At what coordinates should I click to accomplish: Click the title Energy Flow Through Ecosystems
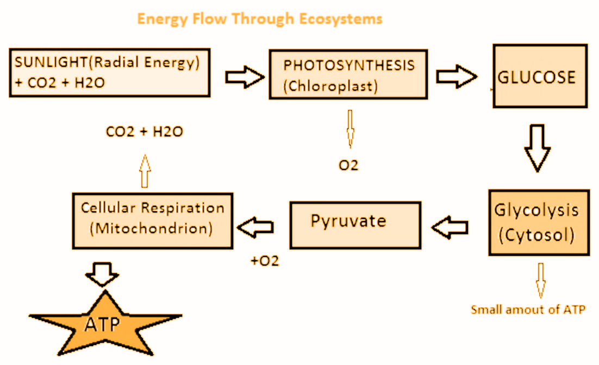[259, 19]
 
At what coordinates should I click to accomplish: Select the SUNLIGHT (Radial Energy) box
[109, 72]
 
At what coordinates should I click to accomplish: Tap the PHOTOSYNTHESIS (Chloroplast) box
[348, 74]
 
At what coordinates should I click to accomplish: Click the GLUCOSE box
[539, 76]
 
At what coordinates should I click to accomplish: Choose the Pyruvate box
[354, 225]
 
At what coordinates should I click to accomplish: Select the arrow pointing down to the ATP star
[102, 275]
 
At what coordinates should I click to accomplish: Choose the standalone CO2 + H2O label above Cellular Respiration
[144, 131]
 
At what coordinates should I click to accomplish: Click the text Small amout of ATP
[528, 310]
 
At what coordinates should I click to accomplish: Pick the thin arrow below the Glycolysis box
[540, 280]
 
